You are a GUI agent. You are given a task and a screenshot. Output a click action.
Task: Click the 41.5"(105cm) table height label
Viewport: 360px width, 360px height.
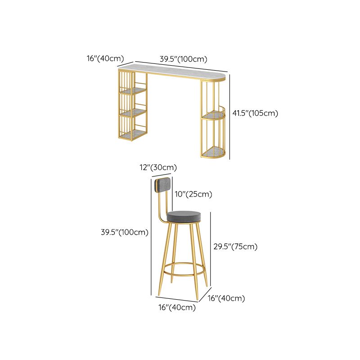255,113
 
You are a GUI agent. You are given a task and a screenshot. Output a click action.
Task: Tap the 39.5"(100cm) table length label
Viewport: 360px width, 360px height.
184,59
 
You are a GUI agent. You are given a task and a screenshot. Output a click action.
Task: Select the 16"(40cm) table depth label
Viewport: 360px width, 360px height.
105,58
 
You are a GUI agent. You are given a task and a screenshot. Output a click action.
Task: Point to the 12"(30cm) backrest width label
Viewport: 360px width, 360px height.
158,167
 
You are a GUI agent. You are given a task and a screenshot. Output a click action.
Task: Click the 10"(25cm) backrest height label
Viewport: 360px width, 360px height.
193,194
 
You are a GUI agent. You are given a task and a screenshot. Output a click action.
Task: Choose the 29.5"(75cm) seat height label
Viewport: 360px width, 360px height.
235,247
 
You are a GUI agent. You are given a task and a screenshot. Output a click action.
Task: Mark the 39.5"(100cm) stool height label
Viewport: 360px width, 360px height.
125,232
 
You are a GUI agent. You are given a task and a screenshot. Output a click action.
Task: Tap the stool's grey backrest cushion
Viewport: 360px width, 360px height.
163,185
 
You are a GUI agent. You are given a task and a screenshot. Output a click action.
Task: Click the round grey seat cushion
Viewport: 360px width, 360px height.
184,217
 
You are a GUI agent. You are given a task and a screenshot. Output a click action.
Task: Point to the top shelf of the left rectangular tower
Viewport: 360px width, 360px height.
134,91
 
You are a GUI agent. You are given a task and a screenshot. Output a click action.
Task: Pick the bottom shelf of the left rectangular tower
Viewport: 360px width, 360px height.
133,134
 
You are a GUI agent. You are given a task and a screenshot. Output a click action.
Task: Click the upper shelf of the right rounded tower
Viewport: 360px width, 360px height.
212,115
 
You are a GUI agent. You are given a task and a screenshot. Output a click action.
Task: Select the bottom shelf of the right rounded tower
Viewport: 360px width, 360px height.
213,152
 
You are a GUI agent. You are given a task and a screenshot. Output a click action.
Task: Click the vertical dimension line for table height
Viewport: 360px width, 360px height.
229,117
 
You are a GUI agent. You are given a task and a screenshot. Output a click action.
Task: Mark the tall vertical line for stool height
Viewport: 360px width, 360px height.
151,237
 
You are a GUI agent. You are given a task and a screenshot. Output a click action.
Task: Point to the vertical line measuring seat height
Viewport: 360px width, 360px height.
211,250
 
